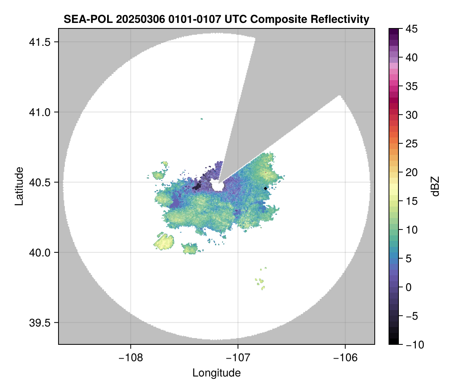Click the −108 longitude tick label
130,357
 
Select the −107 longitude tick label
238,357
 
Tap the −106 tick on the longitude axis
345,357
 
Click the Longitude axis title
216,373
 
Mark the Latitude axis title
19,186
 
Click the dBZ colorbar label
435,186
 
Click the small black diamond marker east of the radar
265,188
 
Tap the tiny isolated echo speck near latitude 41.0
202,119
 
